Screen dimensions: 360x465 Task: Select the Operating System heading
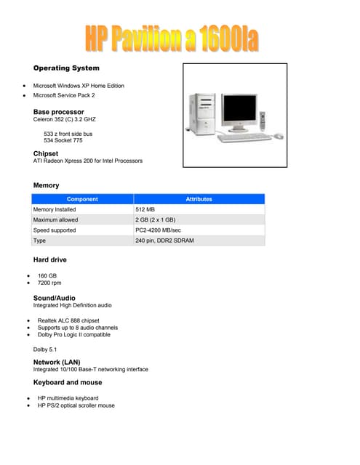(66, 68)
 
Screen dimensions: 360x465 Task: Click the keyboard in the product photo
(244, 136)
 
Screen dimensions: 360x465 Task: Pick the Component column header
(82, 198)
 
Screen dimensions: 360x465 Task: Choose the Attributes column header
(199, 198)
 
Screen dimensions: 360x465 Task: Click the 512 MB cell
(145, 209)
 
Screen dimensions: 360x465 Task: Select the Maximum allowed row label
(55, 219)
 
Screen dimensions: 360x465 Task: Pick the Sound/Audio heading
(55, 298)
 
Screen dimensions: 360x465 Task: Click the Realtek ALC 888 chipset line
(68, 320)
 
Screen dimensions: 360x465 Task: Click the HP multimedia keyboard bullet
(68, 398)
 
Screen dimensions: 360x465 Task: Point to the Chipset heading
(46, 153)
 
